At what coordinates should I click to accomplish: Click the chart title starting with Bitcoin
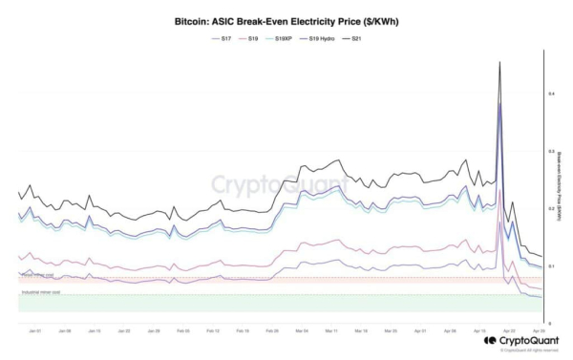click(x=286, y=18)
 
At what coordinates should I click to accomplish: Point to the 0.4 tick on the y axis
click(x=550, y=94)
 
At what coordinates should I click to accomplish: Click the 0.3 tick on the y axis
click(x=550, y=151)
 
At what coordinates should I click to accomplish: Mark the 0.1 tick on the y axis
click(x=550, y=265)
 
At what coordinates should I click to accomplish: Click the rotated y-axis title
click(x=559, y=181)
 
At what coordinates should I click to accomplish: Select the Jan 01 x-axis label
click(x=34, y=330)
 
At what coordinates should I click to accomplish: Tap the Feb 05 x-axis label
click(x=182, y=330)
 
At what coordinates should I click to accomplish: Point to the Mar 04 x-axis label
click(x=301, y=330)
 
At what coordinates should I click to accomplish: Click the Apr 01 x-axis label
click(x=420, y=330)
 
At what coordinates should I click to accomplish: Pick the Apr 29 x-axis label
click(x=539, y=330)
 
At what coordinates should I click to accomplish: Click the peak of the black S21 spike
click(x=499, y=62)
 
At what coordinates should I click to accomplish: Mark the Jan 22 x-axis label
click(x=123, y=330)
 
